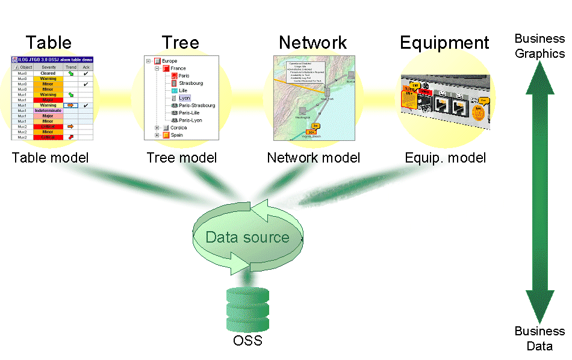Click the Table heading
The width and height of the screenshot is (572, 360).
48,43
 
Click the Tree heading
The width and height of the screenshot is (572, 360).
180,43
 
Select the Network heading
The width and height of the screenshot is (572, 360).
312,43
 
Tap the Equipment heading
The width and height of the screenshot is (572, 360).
444,43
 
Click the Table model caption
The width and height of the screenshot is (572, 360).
50,158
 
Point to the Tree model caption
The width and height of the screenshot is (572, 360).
181,158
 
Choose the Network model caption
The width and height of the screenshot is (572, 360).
313,158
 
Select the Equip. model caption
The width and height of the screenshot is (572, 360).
445,158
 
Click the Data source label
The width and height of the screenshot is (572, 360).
247,237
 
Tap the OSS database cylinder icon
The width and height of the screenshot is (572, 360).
247,309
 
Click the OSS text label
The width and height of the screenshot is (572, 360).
247,341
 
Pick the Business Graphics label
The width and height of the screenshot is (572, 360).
539,46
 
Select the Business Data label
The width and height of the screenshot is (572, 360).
539,338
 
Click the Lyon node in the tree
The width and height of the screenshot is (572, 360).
184,98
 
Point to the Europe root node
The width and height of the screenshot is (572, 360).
170,61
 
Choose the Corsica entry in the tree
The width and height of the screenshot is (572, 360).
178,128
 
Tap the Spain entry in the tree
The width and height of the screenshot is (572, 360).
176,135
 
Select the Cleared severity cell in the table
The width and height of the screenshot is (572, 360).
48,73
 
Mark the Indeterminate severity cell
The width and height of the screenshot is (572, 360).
48,111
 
